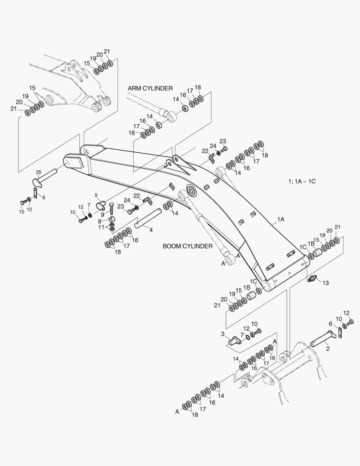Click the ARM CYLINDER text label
[150, 88]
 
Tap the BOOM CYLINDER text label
[187, 246]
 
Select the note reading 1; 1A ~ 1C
[302, 181]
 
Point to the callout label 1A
[280, 219]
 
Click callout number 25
[38, 172]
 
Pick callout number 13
[325, 283]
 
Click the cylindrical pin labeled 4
[147, 218]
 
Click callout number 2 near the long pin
[328, 349]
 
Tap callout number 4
[150, 230]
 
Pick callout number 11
[101, 227]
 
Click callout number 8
[100, 221]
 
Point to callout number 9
[102, 214]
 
